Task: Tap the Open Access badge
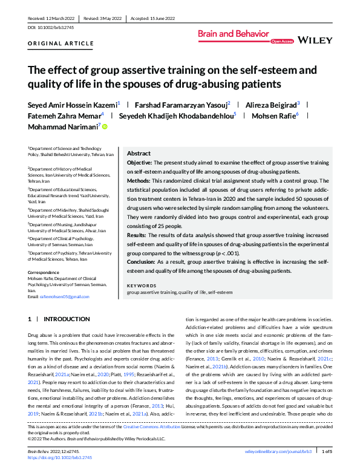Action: point(282,42)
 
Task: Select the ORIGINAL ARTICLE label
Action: point(52,45)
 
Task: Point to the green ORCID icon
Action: point(105,126)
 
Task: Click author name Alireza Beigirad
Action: point(272,104)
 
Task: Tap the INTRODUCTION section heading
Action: point(67,319)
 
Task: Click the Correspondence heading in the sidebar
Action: point(45,272)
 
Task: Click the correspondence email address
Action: point(65,296)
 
